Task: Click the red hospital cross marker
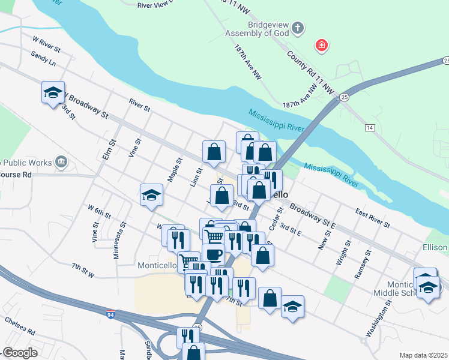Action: click(322, 46)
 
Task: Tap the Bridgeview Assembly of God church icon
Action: click(298, 28)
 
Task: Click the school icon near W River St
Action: click(53, 92)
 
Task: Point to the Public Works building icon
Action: click(61, 161)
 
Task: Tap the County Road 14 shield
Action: click(369, 128)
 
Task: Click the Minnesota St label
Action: click(119, 241)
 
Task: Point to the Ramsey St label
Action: click(360, 265)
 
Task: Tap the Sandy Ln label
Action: click(44, 58)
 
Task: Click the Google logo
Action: click(20, 353)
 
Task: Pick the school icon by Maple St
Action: click(151, 194)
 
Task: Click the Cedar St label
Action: click(276, 223)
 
